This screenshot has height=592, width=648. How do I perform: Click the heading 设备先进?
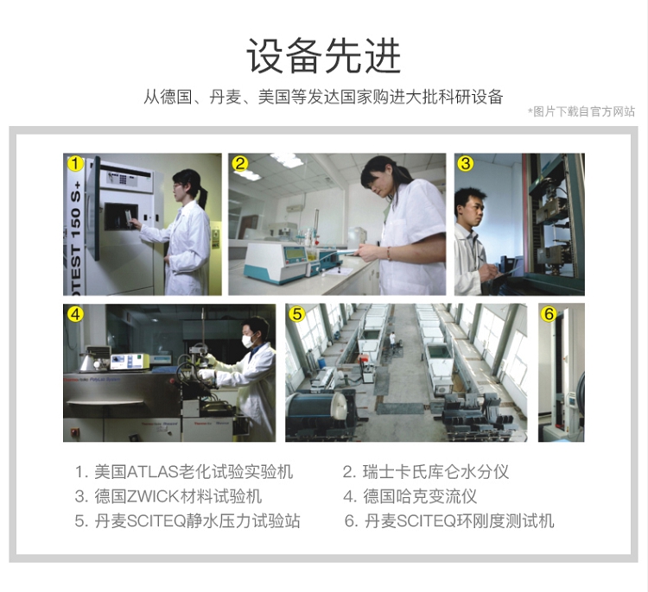pyautogui.click(x=324, y=56)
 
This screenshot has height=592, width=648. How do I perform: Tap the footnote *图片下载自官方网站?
pyautogui.click(x=581, y=111)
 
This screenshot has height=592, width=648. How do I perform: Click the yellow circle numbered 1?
pyautogui.click(x=75, y=164)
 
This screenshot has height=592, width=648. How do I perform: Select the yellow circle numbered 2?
pyautogui.click(x=240, y=164)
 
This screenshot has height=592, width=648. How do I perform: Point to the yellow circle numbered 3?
pyautogui.click(x=466, y=164)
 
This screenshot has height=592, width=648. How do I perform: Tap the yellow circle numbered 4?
pyautogui.click(x=75, y=315)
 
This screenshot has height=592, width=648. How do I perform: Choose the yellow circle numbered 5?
pyautogui.click(x=297, y=315)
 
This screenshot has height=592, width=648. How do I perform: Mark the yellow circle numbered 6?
pyautogui.click(x=549, y=315)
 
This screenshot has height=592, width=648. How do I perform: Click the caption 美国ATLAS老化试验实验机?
pyautogui.click(x=194, y=472)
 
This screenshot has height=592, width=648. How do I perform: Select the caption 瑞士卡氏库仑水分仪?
pyautogui.click(x=435, y=472)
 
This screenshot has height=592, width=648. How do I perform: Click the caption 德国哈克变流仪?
pyautogui.click(x=420, y=496)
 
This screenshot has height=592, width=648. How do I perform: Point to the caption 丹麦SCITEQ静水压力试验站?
pyautogui.click(x=197, y=521)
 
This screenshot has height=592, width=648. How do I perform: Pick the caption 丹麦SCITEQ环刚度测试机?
pyautogui.click(x=459, y=521)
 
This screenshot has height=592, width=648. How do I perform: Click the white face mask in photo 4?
pyautogui.click(x=249, y=341)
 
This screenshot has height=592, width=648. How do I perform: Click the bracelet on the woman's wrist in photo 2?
pyautogui.click(x=389, y=254)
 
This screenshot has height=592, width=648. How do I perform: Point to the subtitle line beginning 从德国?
pyautogui.click(x=323, y=97)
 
